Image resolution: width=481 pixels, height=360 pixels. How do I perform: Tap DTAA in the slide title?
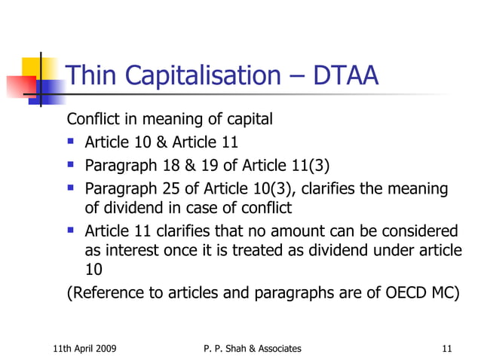pyautogui.click(x=342, y=76)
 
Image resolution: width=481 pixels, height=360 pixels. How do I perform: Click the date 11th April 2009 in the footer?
pyautogui.click(x=84, y=349)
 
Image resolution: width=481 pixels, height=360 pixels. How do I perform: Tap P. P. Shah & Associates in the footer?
pyautogui.click(x=252, y=349)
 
